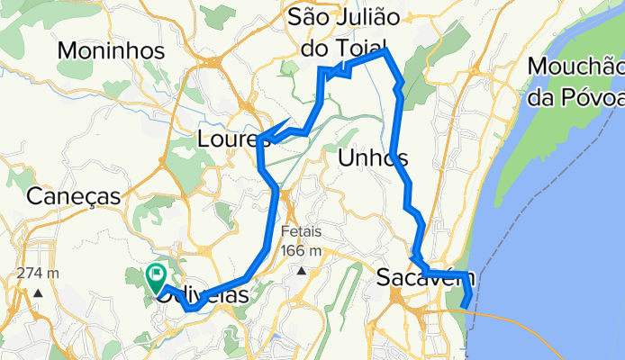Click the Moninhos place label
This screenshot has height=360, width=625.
point(112,50)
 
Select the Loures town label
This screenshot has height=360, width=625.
point(227,139)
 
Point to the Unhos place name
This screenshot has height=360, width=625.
point(373,159)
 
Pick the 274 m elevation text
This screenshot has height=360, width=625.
point(39,273)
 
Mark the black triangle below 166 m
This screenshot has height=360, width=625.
point(303,270)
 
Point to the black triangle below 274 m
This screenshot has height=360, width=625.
point(39,292)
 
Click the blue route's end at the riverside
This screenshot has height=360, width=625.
point(465,307)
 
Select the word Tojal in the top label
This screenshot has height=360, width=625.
point(358,46)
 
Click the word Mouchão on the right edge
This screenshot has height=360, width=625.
point(576,67)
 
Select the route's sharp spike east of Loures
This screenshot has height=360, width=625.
point(288,121)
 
